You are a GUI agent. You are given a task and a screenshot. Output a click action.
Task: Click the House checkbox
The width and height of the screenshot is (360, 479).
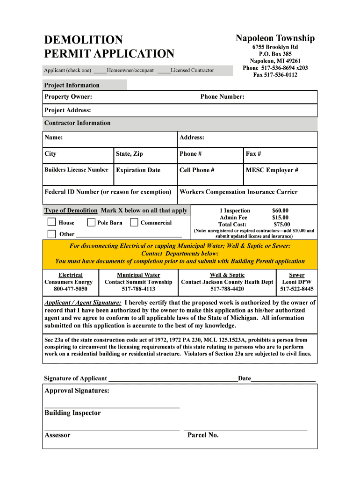tap(51, 222)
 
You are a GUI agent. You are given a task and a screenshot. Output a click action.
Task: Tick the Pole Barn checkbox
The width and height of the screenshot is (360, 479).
tap(92, 222)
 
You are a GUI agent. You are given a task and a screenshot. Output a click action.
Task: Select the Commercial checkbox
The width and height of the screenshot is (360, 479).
tap(134, 222)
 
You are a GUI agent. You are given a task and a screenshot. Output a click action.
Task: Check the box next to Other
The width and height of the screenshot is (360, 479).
tap(51, 233)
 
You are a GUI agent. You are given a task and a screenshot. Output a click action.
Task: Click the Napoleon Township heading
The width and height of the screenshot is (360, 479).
tap(275, 38)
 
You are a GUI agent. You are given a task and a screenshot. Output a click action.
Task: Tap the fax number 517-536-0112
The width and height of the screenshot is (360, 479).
tap(275, 75)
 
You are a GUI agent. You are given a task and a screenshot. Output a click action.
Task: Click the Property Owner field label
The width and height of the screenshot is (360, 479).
tap(68, 97)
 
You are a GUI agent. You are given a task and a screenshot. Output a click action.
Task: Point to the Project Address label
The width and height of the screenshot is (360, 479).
tap(68, 110)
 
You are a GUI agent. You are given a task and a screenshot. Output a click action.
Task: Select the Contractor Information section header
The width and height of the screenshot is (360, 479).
tap(78, 123)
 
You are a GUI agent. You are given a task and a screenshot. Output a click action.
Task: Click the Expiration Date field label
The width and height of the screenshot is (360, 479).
tap(138, 170)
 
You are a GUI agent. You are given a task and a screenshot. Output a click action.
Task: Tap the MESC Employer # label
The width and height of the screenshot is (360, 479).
tap(272, 170)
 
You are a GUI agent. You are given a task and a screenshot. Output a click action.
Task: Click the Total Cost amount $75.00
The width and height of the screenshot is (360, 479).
tap(281, 225)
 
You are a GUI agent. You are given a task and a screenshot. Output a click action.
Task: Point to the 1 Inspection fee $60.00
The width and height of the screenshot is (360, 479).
tap(280, 210)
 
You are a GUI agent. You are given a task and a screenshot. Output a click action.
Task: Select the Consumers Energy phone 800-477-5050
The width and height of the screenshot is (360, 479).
tap(71, 289)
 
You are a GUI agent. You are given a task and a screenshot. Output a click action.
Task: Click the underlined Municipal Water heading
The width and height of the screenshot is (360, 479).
tap(138, 275)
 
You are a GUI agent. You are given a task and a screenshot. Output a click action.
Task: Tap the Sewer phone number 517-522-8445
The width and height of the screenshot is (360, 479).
tap(297, 289)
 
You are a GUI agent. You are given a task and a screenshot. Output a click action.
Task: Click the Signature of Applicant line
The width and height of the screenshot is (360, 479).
tap(173, 378)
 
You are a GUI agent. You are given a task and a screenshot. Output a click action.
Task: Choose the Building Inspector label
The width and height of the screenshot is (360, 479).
tap(72, 413)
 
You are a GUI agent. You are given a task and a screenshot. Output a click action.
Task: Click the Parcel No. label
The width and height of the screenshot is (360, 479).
tap(203, 435)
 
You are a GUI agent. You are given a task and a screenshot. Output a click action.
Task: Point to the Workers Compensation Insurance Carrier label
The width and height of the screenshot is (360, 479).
tap(238, 192)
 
